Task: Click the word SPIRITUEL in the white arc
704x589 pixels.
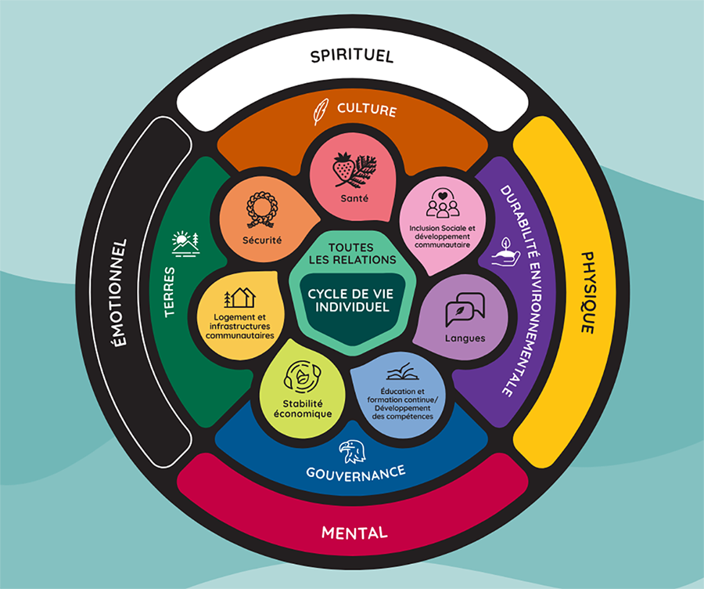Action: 352,56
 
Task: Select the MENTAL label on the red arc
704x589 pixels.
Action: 354,533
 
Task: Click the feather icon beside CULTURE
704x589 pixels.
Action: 320,111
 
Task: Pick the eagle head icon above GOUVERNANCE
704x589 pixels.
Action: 352,452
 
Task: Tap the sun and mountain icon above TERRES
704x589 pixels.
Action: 185,244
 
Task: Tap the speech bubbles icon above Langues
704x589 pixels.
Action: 465,309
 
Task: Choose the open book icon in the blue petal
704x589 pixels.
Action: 403,372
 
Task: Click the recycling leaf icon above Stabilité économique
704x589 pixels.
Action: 302,376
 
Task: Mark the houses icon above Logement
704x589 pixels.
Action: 240,297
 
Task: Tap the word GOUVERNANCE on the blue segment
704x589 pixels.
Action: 356,473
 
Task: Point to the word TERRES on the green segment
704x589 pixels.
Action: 169,292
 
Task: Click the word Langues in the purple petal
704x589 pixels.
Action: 465,338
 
